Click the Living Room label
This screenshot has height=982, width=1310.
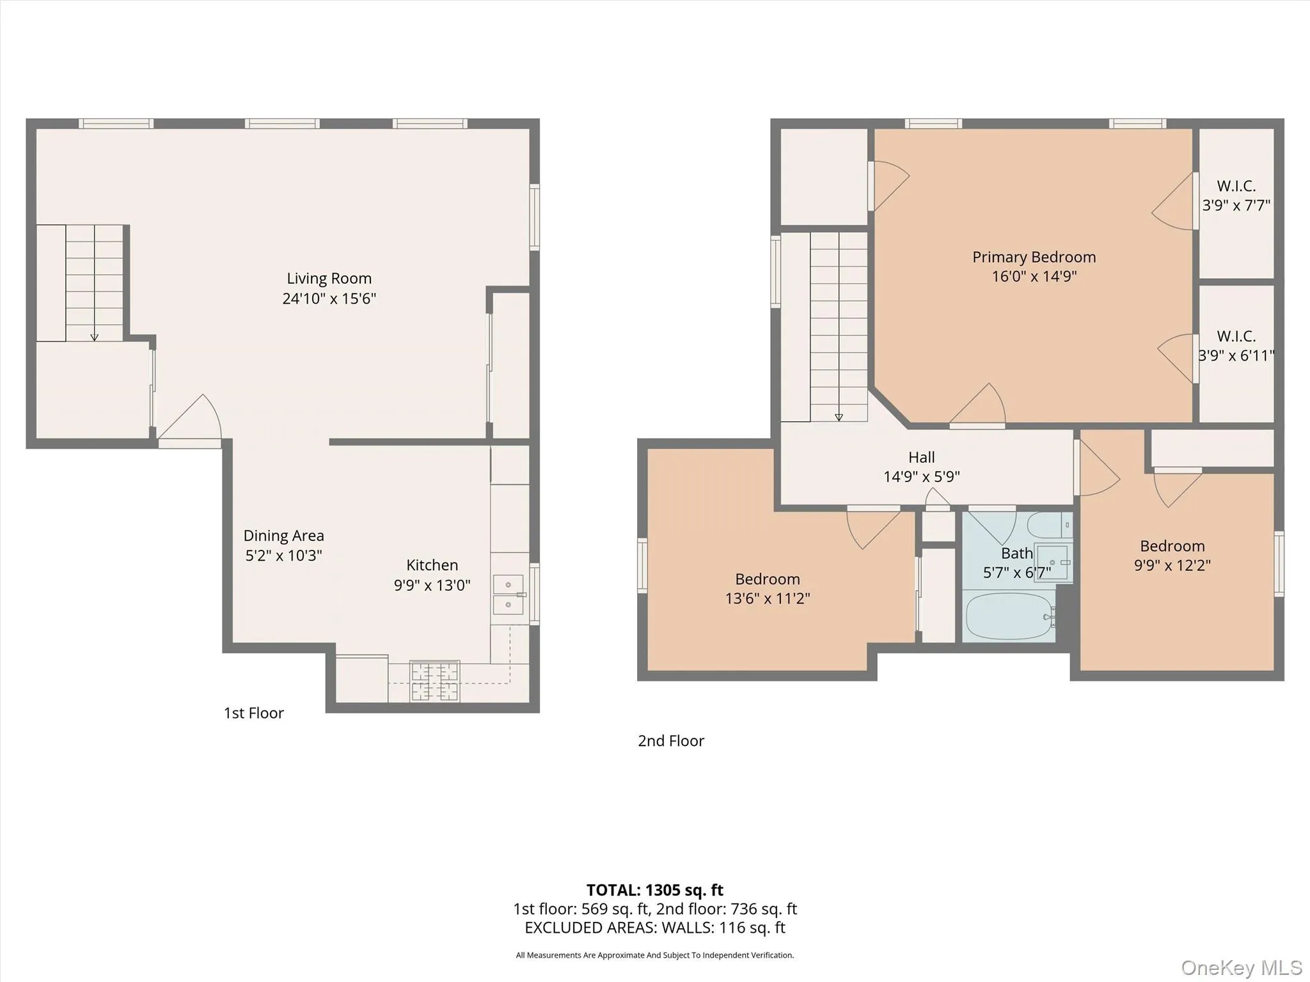coord(329,279)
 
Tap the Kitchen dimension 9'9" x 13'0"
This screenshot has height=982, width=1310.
coord(432,585)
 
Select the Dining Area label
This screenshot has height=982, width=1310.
coord(283,536)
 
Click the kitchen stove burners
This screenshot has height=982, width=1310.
coord(435,682)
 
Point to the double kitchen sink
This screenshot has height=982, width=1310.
coord(508,595)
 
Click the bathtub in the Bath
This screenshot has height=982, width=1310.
coord(1009,616)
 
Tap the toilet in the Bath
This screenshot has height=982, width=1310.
coord(1049,526)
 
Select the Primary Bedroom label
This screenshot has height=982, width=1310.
coord(1034,257)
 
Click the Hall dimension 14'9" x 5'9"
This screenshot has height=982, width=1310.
coord(921,476)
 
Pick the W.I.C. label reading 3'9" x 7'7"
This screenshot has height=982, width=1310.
coord(1236,196)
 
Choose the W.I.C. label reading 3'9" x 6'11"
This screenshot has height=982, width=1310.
coord(1236,346)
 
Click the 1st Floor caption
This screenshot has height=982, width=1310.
coord(253,713)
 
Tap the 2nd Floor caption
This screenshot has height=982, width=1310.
coord(670,740)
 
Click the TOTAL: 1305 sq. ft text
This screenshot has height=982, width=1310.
coord(654,890)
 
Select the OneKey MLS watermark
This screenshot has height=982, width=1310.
coord(1241,967)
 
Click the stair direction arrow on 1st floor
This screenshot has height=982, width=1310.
coord(94,335)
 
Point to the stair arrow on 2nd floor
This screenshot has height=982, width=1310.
coord(839,416)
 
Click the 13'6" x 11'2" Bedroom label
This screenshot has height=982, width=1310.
coord(767,589)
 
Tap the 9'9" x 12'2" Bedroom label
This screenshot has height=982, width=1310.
coord(1172,556)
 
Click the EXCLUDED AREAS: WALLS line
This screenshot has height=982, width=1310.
coord(654,927)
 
